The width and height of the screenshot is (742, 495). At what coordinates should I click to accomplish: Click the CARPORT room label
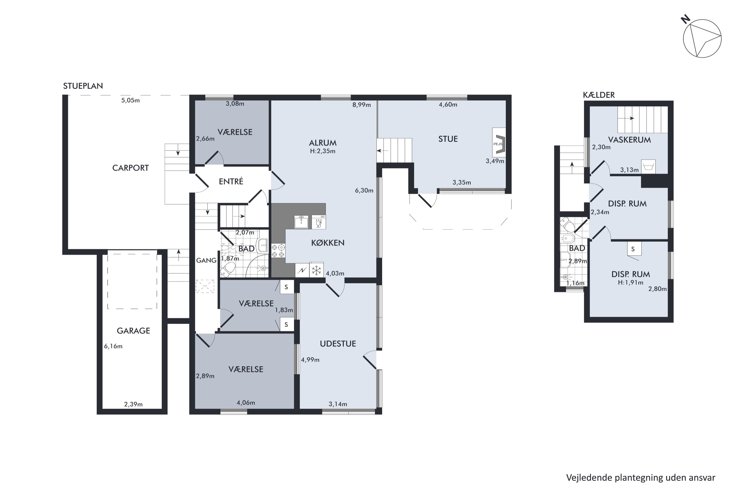[130, 168]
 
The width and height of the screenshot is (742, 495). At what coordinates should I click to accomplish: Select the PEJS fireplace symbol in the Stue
[499, 142]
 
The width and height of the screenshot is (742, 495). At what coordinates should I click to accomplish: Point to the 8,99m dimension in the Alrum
[362, 105]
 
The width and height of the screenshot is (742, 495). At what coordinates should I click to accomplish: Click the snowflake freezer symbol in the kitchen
[316, 270]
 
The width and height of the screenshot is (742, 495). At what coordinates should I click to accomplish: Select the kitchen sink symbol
[301, 222]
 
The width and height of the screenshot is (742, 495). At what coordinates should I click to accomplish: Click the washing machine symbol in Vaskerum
[648, 166]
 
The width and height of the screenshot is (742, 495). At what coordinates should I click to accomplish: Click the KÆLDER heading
[599, 95]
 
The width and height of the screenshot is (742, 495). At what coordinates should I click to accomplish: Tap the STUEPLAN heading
[83, 86]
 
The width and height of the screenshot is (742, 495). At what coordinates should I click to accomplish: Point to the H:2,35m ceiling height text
[323, 151]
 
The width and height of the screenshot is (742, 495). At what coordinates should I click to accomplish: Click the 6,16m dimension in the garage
[113, 346]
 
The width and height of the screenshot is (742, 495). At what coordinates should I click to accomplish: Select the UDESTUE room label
[338, 344]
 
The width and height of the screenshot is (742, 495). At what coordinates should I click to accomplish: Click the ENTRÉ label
[231, 181]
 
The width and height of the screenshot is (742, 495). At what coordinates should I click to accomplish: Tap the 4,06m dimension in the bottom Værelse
[246, 403]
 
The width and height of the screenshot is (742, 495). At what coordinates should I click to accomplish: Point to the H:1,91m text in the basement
[630, 283]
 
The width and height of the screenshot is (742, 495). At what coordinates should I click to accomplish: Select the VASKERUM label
[629, 140]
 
